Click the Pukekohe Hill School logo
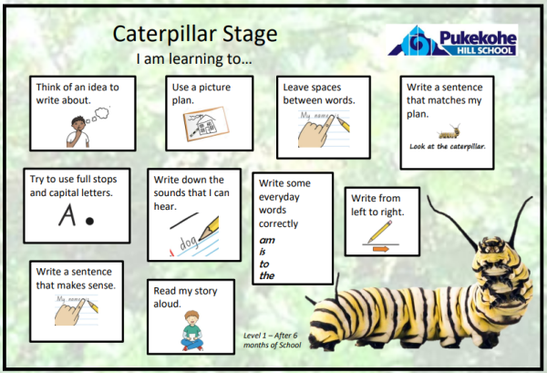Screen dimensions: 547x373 click(x=452, y=40)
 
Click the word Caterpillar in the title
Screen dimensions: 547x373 click(x=165, y=35)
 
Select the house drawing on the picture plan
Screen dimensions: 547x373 click(x=207, y=125)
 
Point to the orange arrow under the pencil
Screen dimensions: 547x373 click(x=380, y=249)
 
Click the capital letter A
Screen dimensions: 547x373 click(x=67, y=215)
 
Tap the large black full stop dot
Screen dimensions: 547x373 click(x=89, y=221)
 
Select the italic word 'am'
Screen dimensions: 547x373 click(x=267, y=241)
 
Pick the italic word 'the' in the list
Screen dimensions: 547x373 click(x=267, y=275)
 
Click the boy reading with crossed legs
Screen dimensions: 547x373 click(x=191, y=330)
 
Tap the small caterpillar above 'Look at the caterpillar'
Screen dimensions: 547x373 click(x=449, y=131)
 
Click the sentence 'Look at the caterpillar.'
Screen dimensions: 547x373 click(x=448, y=147)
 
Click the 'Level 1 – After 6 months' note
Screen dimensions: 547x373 click(x=272, y=340)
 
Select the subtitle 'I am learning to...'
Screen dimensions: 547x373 click(x=194, y=58)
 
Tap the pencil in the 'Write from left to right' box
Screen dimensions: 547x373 click(x=379, y=232)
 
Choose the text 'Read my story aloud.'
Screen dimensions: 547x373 click(x=185, y=297)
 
